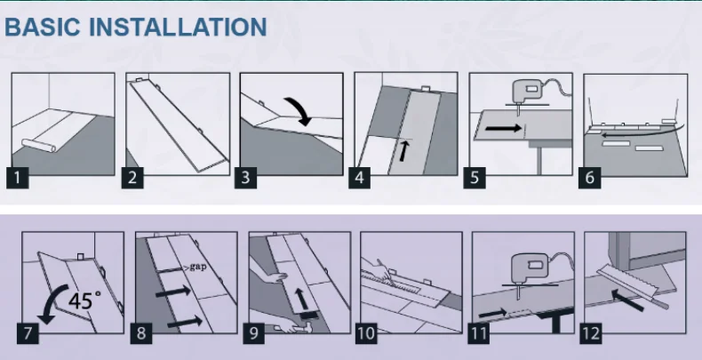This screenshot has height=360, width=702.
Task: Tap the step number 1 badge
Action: pos(18,178)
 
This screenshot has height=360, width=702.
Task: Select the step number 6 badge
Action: pos(590,178)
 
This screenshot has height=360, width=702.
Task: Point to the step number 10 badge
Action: pos(367,334)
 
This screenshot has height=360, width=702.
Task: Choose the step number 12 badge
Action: pos(591,334)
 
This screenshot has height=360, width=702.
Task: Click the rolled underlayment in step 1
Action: pos(38,146)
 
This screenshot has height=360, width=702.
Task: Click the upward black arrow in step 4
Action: pos(403,150)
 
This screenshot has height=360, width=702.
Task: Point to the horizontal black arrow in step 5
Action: pos(503,129)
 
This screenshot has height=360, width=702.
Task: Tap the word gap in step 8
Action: pos(197,268)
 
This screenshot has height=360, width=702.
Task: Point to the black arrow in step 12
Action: pos(628,299)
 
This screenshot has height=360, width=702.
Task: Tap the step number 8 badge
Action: pos(141,334)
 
